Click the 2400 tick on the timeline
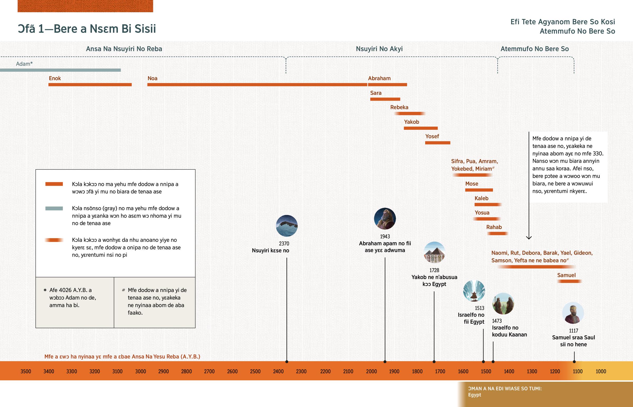pyautogui.click(x=278, y=371)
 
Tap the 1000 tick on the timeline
pyautogui.click(x=601, y=371)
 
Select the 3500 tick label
pyautogui.click(x=26, y=371)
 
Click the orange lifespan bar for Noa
pyautogui.click(x=257, y=85)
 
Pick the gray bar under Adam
pyautogui.click(x=60, y=70)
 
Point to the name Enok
pyautogui.click(x=55, y=78)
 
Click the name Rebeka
pyautogui.click(x=399, y=107)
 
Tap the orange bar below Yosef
pyautogui.click(x=438, y=143)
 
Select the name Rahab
pyautogui.click(x=494, y=227)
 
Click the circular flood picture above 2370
pyautogui.click(x=287, y=226)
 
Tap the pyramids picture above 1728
pyautogui.click(x=434, y=252)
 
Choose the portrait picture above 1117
pyautogui.click(x=573, y=313)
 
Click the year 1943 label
pyautogui.click(x=385, y=237)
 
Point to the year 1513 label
pyautogui.click(x=479, y=308)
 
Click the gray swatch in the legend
pyautogui.click(x=54, y=209)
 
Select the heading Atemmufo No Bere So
pyautogui.click(x=534, y=49)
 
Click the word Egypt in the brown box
pyautogui.click(x=474, y=395)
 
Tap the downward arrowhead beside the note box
pyautogui.click(x=529, y=237)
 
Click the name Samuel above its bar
pyautogui.click(x=566, y=275)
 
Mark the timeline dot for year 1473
pyautogui.click(x=493, y=362)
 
